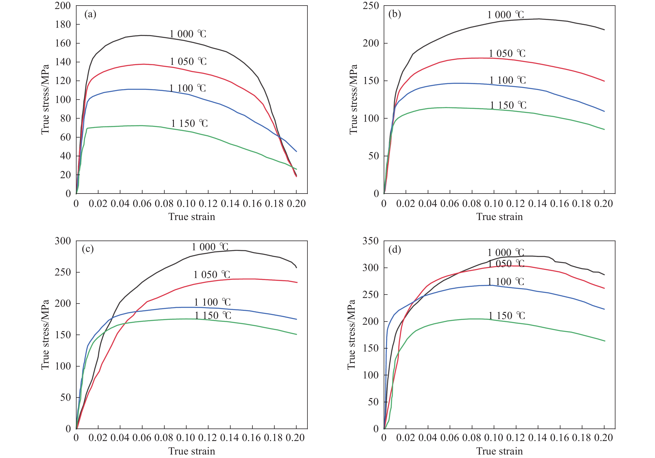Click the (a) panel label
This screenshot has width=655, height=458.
(90, 14)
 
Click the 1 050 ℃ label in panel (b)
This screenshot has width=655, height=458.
(507, 54)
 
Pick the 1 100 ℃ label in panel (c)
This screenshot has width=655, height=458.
(212, 302)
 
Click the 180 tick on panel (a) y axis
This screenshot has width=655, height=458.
(63, 24)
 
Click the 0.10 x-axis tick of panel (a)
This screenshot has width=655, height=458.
(186, 204)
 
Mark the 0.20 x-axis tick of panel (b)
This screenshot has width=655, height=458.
(604, 204)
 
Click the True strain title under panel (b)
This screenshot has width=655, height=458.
(500, 217)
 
